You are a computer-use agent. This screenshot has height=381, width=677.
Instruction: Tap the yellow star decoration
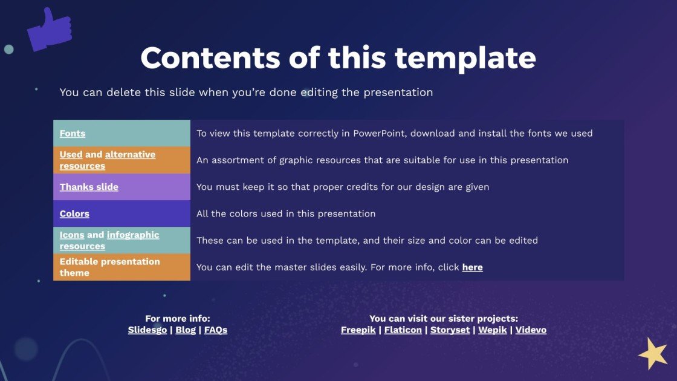[x=653, y=354]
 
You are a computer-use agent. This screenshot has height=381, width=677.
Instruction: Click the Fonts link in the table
[x=73, y=134]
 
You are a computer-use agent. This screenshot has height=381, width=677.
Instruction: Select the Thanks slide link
[x=89, y=187]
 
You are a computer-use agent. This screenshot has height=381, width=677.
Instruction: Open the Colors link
[x=74, y=214]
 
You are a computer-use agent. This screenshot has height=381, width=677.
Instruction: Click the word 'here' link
[x=472, y=267]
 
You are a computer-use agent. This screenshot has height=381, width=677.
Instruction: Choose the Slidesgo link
[x=147, y=330]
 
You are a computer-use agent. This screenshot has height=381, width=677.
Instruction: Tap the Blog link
[x=186, y=330]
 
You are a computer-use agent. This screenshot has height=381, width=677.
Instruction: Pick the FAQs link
[x=215, y=330]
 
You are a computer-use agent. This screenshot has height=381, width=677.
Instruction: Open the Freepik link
[x=358, y=330]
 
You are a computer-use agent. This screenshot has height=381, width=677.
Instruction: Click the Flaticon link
[x=403, y=330]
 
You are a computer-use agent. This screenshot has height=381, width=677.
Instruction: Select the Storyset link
[x=450, y=330]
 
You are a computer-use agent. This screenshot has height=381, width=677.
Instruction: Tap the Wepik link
[x=493, y=330]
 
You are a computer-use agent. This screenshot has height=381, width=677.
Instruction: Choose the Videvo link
[x=531, y=330]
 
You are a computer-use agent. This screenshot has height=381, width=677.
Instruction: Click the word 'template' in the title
[x=465, y=58]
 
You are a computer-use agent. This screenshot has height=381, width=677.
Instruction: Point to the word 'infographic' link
[x=133, y=235]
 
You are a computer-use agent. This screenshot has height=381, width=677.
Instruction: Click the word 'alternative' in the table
[x=131, y=155]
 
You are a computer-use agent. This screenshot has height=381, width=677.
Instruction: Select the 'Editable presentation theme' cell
[x=121, y=267]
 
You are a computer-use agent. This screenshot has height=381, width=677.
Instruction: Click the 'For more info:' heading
[x=178, y=319]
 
